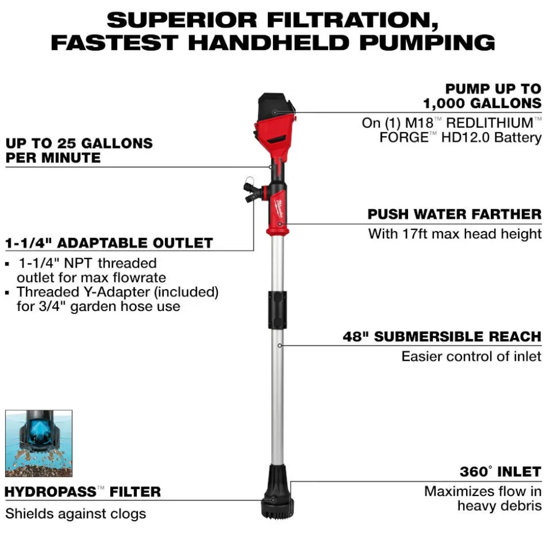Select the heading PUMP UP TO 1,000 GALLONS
pyautogui.click(x=482, y=96)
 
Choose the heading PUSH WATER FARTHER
pyautogui.click(x=454, y=214)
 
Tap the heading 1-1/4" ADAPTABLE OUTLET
pyautogui.click(x=109, y=243)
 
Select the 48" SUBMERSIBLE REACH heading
pyautogui.click(x=442, y=337)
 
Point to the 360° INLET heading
pyautogui.click(x=500, y=471)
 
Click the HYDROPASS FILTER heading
pyautogui.click(x=83, y=492)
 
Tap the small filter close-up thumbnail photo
pyautogui.click(x=39, y=443)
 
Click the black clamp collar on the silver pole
pyautogui.click(x=278, y=309)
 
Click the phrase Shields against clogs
pyautogui.click(x=75, y=513)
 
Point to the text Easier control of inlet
pyautogui.click(x=471, y=356)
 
